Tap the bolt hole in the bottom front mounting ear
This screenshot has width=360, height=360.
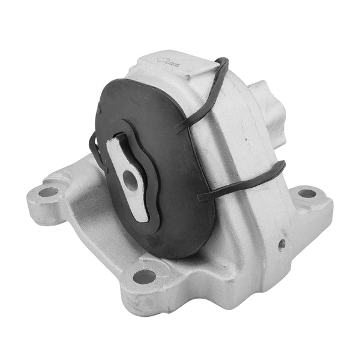(x=144, y=277)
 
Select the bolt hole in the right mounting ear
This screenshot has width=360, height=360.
(x=307, y=193)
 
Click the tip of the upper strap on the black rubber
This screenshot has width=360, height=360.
(x=178, y=128)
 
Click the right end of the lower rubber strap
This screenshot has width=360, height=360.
(x=282, y=165)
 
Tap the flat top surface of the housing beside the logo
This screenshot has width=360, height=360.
(x=186, y=66)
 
